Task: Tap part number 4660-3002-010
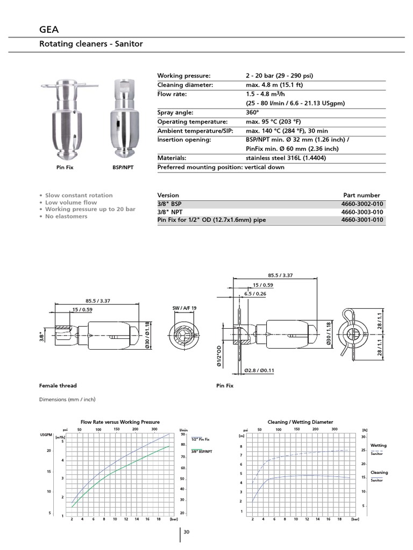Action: coord(363,204)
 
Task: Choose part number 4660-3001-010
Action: coord(363,220)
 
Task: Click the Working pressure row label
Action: coord(184,76)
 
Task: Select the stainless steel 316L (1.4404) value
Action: coord(286,158)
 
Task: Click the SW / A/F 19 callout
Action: coord(184,308)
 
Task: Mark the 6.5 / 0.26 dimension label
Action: coord(255,294)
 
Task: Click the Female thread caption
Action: coord(58,386)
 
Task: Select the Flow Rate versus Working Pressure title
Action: coord(120,422)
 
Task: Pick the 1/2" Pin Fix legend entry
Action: coord(200,439)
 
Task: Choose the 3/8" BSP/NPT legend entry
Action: coord(201,452)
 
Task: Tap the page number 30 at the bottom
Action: coord(187,532)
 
